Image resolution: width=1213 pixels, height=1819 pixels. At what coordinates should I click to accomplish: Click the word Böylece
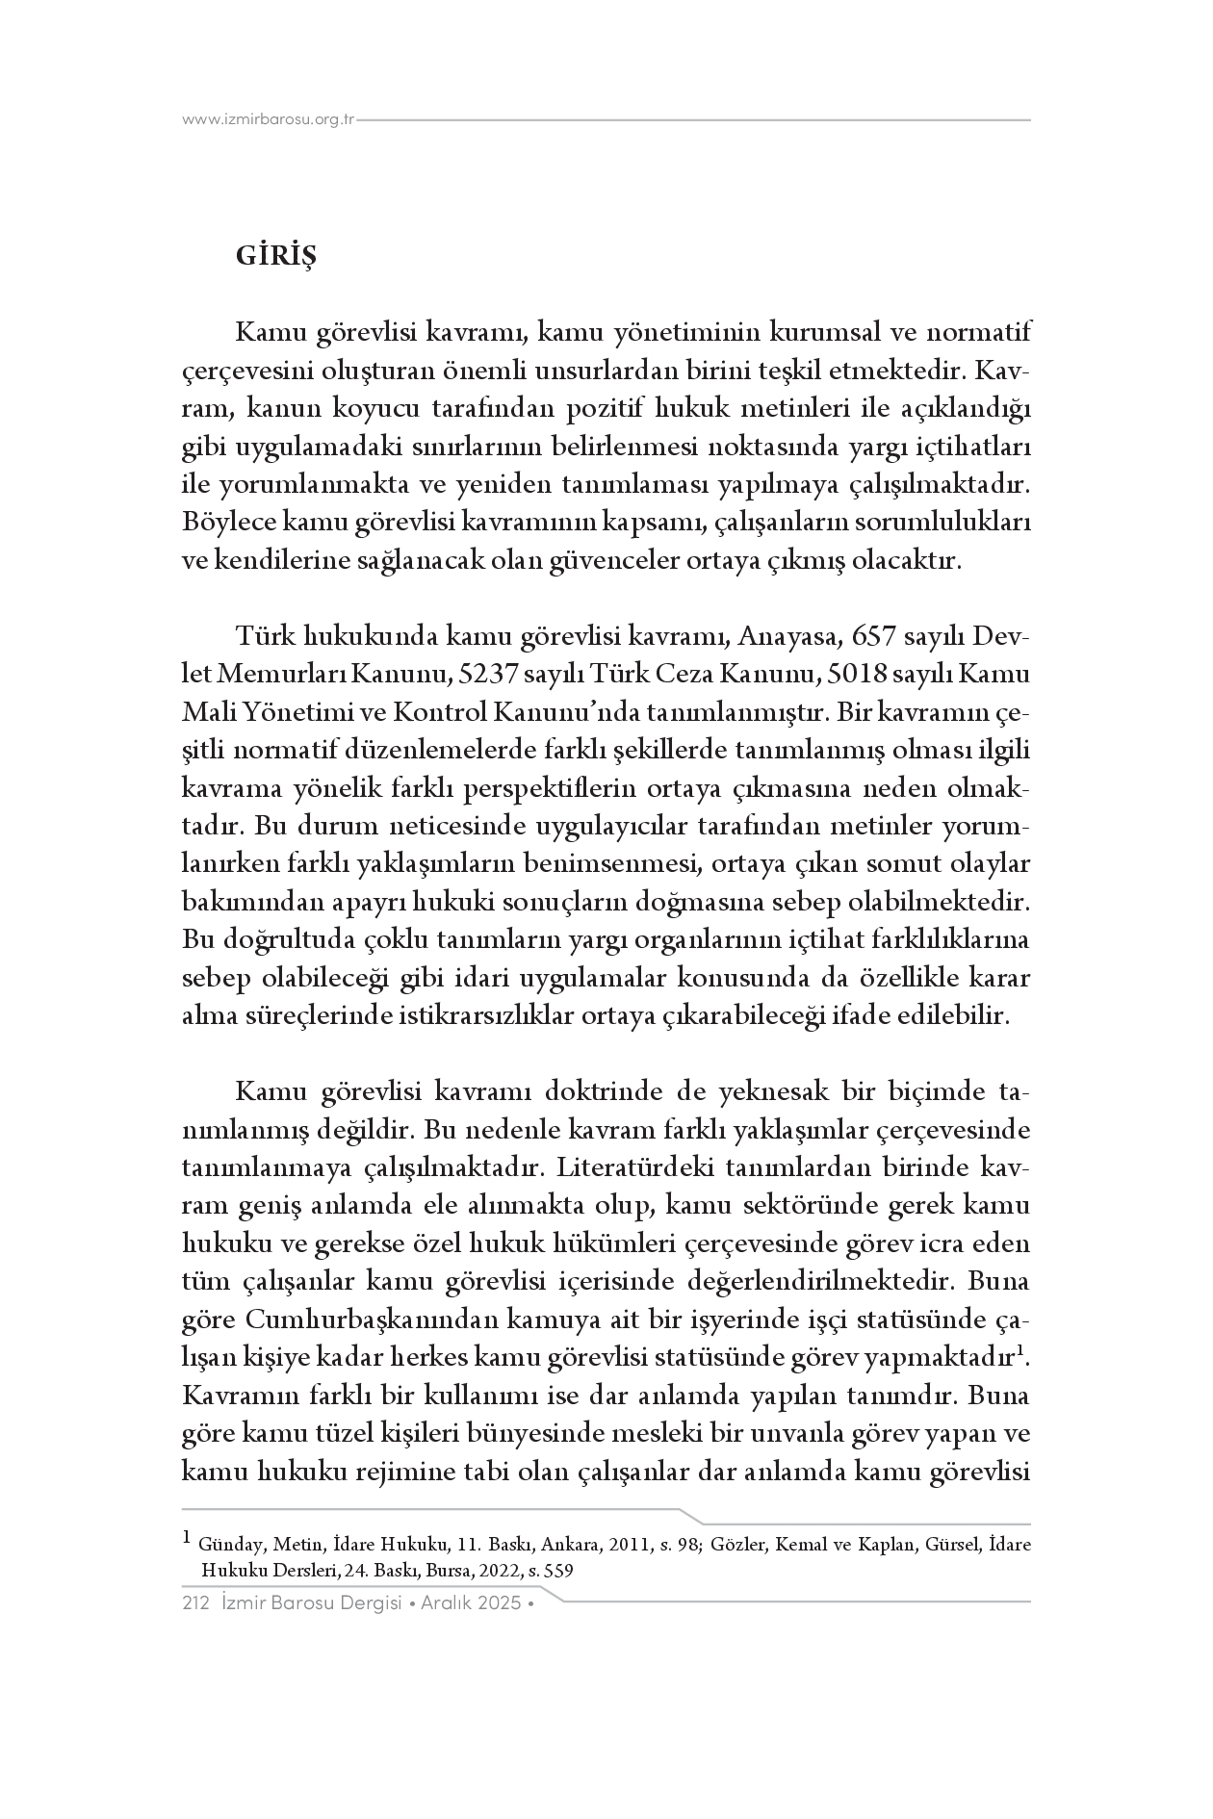coord(227,523)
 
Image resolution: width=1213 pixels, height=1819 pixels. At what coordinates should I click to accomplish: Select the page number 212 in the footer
coord(195,1603)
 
